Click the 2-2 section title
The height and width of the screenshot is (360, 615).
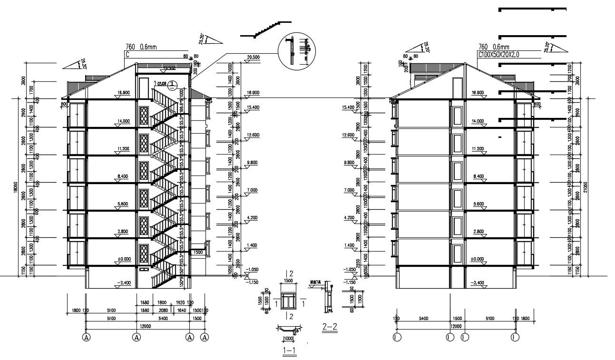pyautogui.click(x=330, y=327)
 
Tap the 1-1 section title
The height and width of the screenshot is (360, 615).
pyautogui.click(x=290, y=351)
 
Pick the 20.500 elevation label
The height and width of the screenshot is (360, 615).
pyautogui.click(x=253, y=58)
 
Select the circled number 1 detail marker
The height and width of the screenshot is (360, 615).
pyautogui.click(x=173, y=85)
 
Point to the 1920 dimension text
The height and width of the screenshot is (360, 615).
pyautogui.click(x=179, y=302)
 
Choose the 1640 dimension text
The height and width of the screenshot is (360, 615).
pyautogui.click(x=182, y=310)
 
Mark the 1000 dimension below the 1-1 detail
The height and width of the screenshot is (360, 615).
pyautogui.click(x=288, y=339)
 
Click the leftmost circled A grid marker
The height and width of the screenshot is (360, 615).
pyautogui.click(x=86, y=337)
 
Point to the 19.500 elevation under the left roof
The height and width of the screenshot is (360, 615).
pyautogui.click(x=169, y=68)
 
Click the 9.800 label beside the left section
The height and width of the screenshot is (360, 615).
pyautogui.click(x=252, y=163)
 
